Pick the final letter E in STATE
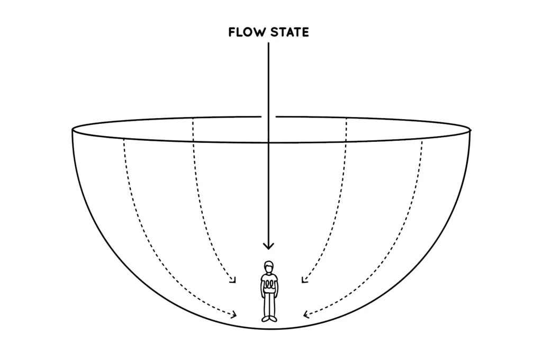point(305,33)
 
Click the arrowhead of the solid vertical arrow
point(269,246)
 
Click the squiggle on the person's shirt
point(269,284)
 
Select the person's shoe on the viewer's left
point(265,319)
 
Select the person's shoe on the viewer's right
point(273,319)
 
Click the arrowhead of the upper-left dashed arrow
point(233,280)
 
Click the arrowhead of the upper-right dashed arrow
point(303,280)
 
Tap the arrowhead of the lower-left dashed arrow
point(234,315)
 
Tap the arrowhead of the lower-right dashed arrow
point(305,315)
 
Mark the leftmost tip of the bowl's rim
point(71,129)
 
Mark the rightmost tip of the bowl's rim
point(470,129)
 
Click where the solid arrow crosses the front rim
point(268,142)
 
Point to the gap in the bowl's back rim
point(268,116)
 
